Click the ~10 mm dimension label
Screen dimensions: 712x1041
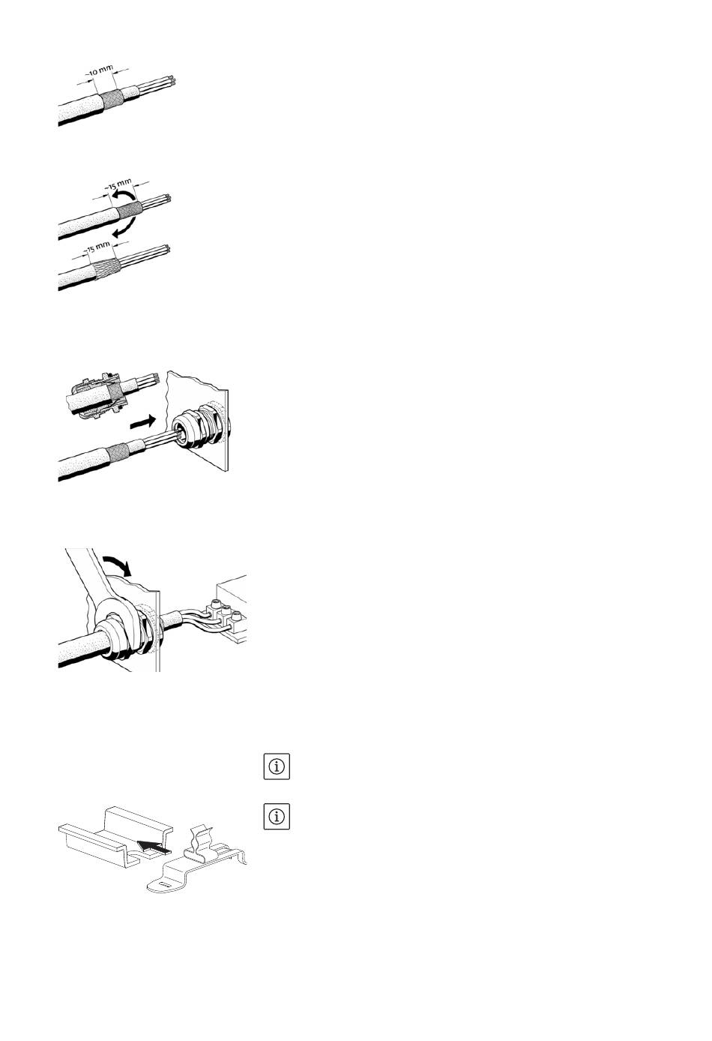(100, 71)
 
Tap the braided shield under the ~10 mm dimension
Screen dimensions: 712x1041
(112, 98)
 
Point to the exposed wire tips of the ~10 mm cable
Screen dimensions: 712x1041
(172, 80)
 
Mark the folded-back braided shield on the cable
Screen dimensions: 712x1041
(107, 268)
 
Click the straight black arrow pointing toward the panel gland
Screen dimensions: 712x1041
(142, 422)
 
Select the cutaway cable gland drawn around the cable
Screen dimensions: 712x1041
(98, 395)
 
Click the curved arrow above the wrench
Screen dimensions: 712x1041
(118, 564)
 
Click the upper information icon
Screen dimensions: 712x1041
(277, 766)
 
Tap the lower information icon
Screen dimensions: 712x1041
(277, 816)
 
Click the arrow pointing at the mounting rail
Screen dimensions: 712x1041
(153, 847)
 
